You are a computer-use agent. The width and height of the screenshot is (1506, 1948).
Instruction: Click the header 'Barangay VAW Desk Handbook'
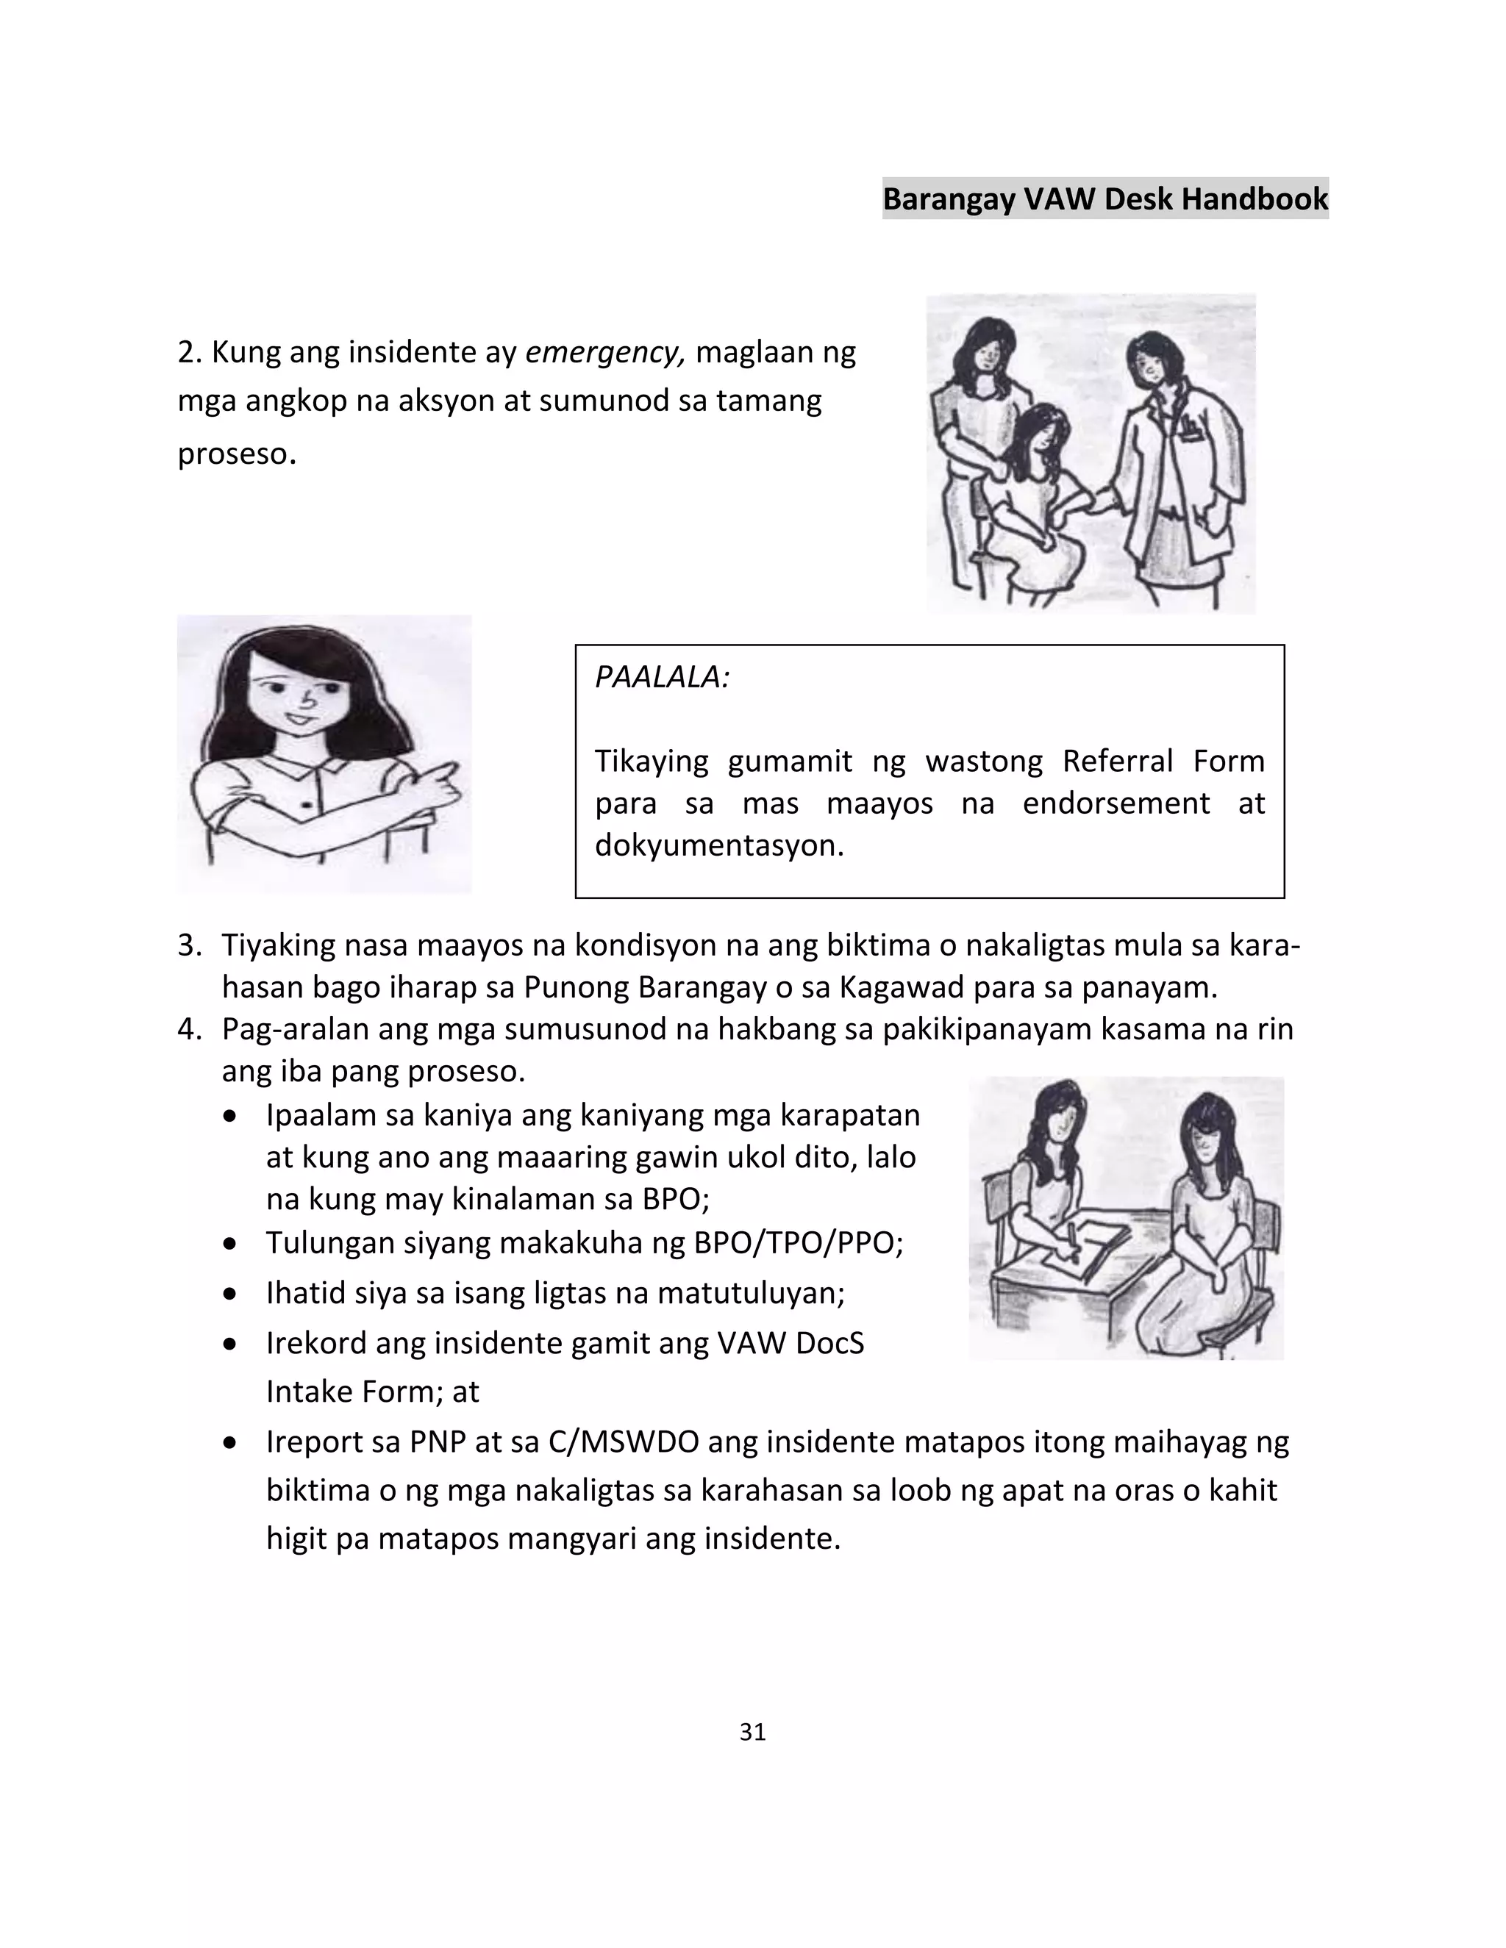click(x=1104, y=198)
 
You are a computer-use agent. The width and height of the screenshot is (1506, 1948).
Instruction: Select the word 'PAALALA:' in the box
click(x=662, y=677)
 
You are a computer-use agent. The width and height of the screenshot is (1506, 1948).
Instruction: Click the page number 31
click(x=752, y=1731)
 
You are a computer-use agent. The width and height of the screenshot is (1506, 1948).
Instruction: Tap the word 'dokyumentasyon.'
click(x=719, y=845)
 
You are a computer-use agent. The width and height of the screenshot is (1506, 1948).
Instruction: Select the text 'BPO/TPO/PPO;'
click(x=799, y=1242)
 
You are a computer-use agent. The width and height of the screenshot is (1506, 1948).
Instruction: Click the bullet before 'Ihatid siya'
click(x=231, y=1293)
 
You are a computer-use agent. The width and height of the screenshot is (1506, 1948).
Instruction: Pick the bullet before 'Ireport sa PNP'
click(x=231, y=1442)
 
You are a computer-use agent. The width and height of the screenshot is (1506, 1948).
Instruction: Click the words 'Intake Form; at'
click(x=372, y=1392)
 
